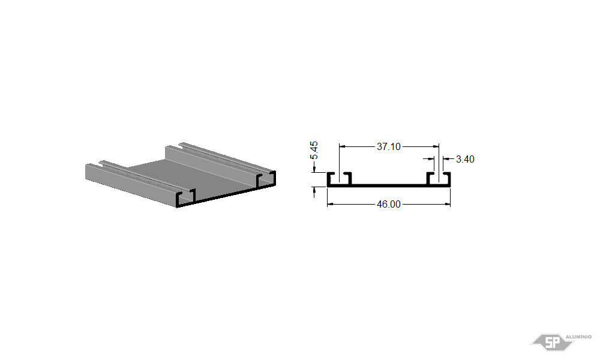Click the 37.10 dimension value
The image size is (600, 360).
388,146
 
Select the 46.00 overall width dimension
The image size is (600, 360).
389,204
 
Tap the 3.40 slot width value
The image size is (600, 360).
465,159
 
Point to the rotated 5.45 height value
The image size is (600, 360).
314,151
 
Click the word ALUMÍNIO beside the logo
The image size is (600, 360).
578,337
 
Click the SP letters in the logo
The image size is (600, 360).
552,343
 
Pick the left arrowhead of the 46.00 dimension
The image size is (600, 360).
330,204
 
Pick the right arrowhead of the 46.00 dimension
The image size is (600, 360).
448,204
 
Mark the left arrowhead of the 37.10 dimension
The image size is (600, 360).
343,146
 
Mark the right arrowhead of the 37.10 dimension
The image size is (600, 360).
436,146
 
